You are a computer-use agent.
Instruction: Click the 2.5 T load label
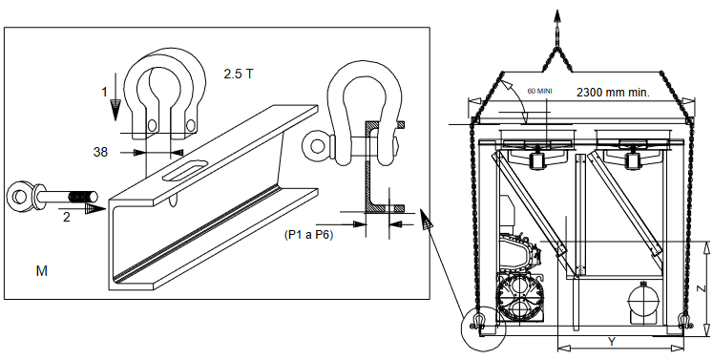(238, 74)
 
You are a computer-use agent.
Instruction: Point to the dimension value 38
(100, 152)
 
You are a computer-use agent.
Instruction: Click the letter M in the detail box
(41, 272)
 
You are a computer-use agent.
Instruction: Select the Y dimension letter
(611, 341)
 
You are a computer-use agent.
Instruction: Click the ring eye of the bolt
(19, 198)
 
